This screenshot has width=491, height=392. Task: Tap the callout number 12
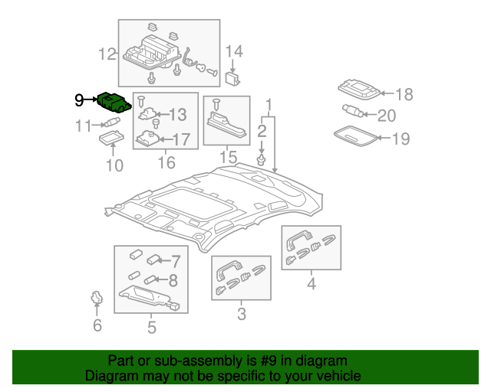(107, 54)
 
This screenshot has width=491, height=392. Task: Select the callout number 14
(233, 51)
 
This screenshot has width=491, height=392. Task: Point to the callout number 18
(404, 94)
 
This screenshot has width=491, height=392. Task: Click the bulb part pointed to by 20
(352, 111)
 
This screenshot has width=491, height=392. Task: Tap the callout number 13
(177, 115)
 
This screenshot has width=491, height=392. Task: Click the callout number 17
(180, 139)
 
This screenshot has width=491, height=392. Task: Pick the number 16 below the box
(166, 162)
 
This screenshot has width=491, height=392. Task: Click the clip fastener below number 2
(262, 159)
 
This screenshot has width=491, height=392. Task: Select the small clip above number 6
(96, 297)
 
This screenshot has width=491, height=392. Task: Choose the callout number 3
(241, 313)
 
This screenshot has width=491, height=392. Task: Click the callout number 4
(311, 286)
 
